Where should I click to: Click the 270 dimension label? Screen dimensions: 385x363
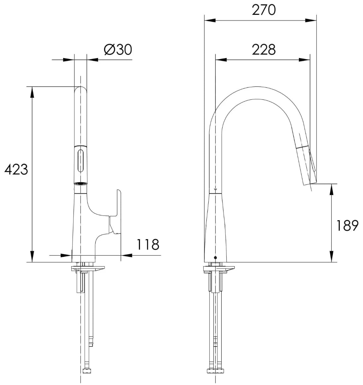[264, 10]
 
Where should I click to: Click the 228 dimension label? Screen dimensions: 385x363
[264, 50]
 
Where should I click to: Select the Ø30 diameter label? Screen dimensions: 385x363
[118, 50]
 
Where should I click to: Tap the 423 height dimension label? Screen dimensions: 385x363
[16, 170]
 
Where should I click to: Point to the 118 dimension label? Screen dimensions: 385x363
[148, 244]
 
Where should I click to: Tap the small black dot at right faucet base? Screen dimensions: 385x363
[216, 257]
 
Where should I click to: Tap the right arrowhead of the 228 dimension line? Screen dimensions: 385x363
[305, 59]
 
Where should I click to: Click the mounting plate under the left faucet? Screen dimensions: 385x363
[88, 269]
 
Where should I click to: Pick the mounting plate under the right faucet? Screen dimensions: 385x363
[219, 269]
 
